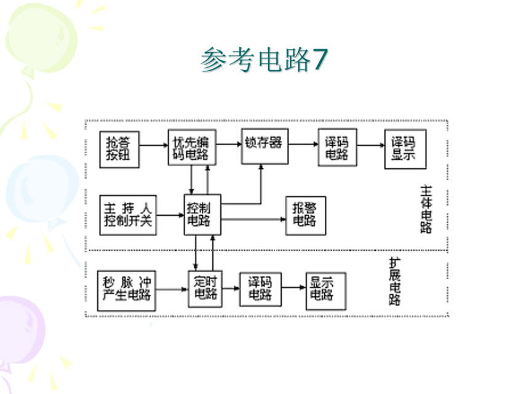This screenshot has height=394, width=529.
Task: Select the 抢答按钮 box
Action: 120,149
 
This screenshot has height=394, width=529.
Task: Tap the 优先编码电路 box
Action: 191,148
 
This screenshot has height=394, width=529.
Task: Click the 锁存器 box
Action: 264,146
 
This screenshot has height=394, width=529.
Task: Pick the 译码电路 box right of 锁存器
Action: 337,148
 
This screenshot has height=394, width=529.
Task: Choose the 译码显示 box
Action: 405,149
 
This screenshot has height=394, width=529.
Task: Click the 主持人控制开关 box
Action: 128,215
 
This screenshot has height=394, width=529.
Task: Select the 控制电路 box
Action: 202,215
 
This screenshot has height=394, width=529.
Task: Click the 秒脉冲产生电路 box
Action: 127,289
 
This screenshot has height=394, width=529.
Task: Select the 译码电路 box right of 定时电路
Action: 260,289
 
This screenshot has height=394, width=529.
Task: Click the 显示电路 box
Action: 325,289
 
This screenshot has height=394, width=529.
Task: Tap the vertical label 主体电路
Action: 426,209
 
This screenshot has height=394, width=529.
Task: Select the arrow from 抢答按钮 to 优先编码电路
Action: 154,146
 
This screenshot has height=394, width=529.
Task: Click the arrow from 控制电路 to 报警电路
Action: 252,219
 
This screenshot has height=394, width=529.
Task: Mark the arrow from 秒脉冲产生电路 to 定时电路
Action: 172,288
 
